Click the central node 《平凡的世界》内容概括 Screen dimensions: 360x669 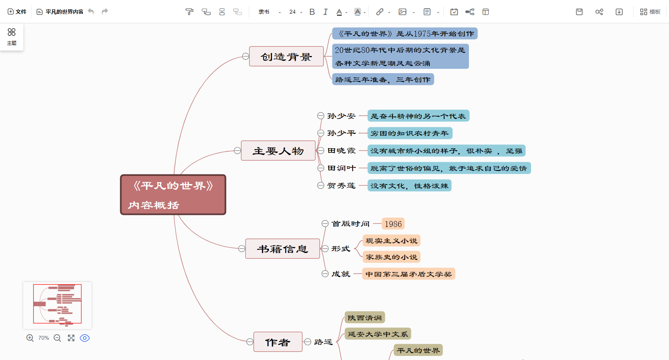click(173, 195)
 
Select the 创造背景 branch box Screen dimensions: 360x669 click(286, 56)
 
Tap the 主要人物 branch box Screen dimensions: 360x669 click(278, 151)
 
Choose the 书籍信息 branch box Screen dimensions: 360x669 click(283, 249)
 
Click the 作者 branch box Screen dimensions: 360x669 click(278, 342)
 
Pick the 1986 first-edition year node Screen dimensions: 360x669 click(393, 224)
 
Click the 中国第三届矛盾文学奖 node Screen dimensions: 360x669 click(408, 274)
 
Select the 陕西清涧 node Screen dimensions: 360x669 click(365, 318)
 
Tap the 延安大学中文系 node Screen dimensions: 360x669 click(378, 334)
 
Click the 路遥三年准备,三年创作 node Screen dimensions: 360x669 click(383, 79)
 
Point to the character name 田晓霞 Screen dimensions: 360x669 click(341, 151)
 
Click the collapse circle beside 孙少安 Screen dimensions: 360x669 click(321, 116)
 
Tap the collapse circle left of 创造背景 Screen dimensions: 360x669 click(246, 56)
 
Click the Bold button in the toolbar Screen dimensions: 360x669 click(312, 12)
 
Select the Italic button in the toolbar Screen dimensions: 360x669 click(325, 12)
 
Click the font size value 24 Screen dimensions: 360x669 click(293, 12)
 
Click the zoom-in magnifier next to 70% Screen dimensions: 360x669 click(30, 338)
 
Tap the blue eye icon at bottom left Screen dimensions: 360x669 click(84, 338)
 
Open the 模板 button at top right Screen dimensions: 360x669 click(650, 12)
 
